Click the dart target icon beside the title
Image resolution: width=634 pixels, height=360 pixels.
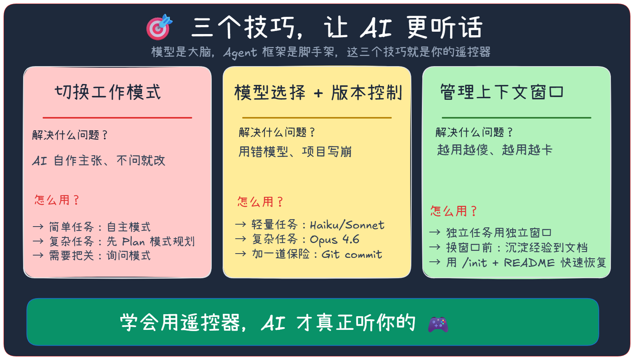point(159,27)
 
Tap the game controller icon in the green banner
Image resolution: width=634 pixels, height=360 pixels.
point(438,324)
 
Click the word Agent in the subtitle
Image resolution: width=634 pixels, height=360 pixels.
point(240,52)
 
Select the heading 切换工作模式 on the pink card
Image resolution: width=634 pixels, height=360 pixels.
point(108,92)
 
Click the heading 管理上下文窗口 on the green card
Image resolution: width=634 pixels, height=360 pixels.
point(502,92)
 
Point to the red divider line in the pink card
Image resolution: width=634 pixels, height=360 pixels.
point(117,117)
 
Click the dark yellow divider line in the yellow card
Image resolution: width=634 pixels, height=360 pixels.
point(317,117)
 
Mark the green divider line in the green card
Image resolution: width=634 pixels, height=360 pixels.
point(517,117)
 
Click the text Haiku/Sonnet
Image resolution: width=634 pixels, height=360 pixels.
point(347,225)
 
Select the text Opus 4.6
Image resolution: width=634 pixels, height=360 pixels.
point(335,239)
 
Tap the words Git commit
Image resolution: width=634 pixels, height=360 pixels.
point(352,254)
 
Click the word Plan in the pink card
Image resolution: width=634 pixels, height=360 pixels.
point(133,241)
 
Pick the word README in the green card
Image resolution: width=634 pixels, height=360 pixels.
point(529,263)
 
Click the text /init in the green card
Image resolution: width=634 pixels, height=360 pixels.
point(475,263)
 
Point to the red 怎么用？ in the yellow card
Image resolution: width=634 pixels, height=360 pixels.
point(260,202)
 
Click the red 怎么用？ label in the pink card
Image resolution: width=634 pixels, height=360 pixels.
point(57,200)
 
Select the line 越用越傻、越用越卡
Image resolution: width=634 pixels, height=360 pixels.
point(494,150)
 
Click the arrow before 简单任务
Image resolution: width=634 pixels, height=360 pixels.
point(38,227)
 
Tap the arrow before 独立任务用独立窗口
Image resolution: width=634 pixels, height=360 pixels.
point(435,233)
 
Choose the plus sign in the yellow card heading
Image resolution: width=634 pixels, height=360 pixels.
point(319,93)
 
